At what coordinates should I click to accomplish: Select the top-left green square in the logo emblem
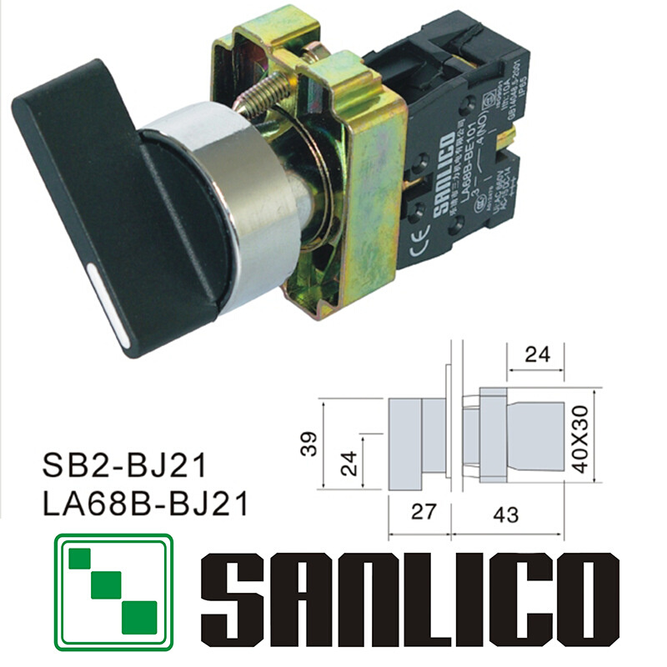pyautogui.click(x=83, y=558)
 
